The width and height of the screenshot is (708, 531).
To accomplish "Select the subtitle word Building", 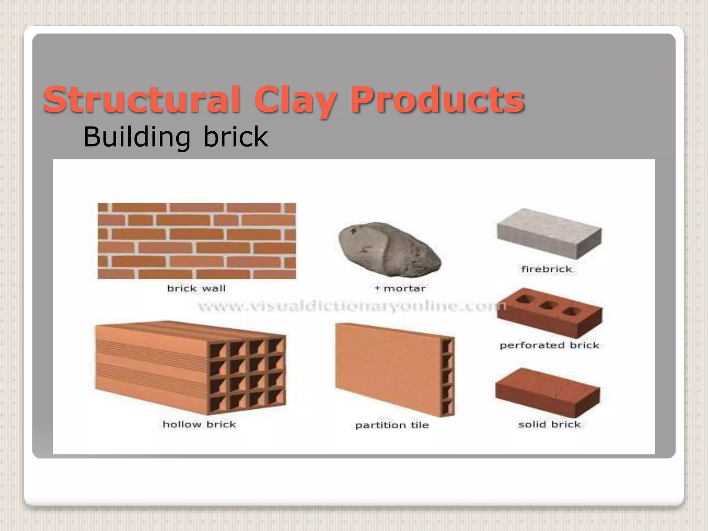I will point(137,137).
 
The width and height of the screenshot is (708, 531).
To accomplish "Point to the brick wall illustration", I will point(197,241).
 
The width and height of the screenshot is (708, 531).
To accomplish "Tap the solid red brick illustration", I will point(548,392).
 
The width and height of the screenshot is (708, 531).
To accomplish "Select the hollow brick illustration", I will point(190,368).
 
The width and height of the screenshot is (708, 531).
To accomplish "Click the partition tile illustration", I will point(394,370).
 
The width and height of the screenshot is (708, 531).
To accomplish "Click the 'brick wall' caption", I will point(196,288).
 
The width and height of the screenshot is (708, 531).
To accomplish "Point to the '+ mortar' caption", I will point(400,288).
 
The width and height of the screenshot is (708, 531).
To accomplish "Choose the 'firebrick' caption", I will point(547,269).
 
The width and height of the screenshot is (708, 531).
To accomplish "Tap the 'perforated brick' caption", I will point(549,345).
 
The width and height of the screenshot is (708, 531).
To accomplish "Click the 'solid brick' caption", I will point(549,424).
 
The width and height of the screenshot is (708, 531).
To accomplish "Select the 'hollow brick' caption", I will point(199,424).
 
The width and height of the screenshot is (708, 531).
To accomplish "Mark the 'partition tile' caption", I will point(392,425).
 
